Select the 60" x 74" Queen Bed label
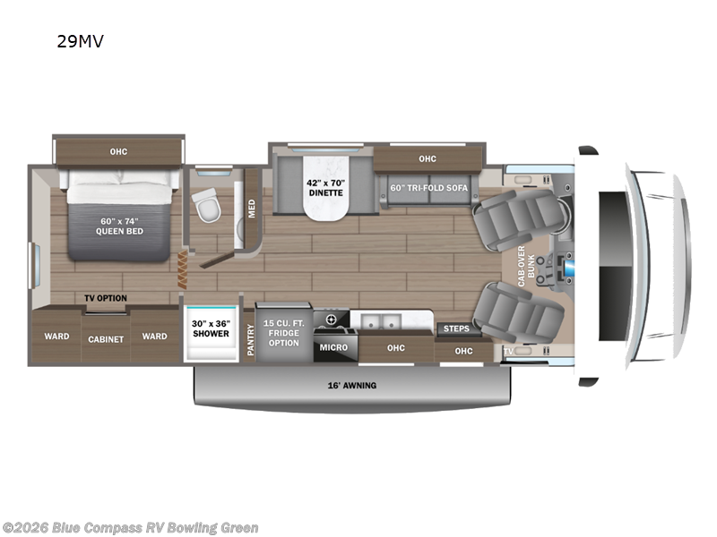point(118,225)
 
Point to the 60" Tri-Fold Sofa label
point(429,187)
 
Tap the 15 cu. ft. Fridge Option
point(283,331)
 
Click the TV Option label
point(106,298)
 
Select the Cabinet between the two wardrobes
point(105,339)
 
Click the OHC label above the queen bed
point(118,151)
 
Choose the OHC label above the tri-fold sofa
point(427,159)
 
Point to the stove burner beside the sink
point(331,320)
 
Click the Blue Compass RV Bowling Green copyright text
point(131,528)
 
